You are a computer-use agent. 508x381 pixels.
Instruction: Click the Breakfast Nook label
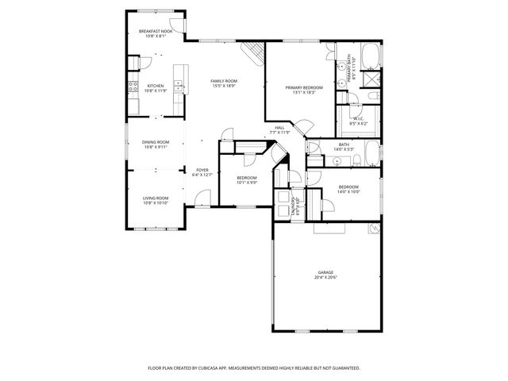point(156,31)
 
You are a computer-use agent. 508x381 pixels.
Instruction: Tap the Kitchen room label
point(156,86)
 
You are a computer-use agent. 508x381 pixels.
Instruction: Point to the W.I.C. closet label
point(358,120)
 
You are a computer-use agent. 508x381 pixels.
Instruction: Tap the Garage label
point(325,272)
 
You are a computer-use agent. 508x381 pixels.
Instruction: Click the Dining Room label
point(156,142)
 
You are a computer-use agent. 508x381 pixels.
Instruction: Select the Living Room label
point(156,198)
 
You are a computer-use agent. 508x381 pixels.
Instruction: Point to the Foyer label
point(203,170)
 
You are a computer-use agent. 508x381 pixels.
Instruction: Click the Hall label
point(279,128)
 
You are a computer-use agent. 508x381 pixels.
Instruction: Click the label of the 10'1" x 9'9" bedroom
point(246,178)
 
